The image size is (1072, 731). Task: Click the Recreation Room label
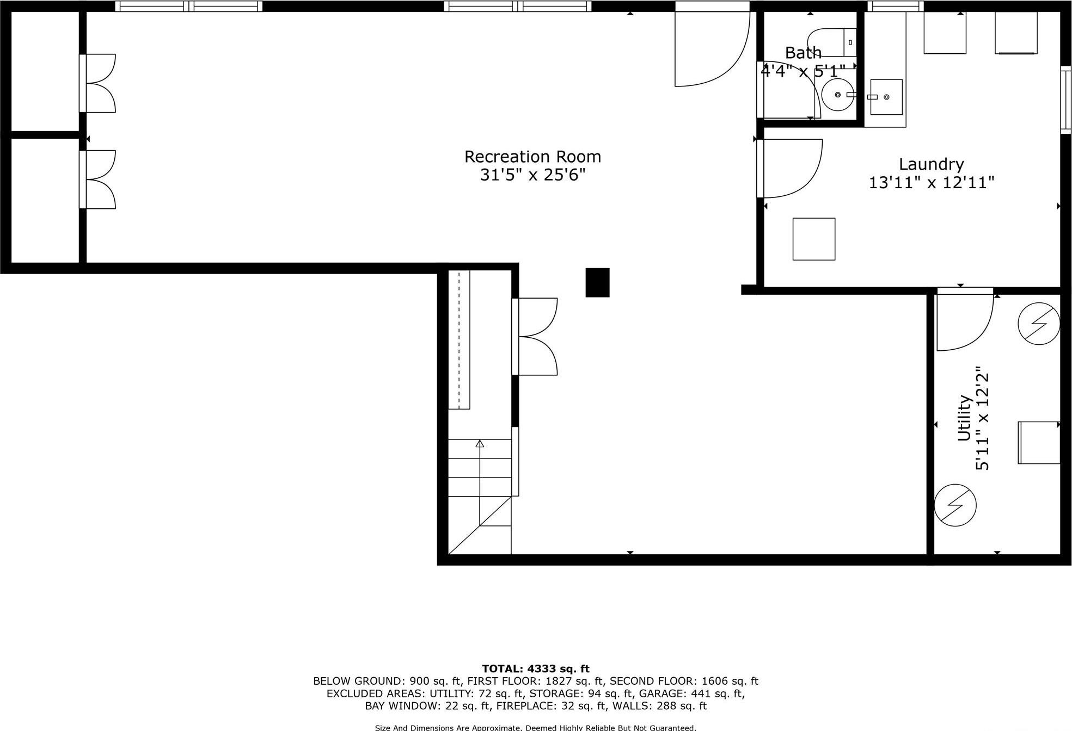[532, 157]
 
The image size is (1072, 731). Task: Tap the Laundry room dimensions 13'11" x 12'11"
[931, 182]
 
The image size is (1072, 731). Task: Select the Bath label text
[803, 53]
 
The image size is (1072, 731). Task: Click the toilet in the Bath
[832, 42]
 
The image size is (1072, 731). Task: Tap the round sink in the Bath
[837, 95]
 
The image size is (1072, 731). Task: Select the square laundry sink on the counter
[886, 97]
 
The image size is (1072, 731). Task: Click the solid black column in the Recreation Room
[597, 282]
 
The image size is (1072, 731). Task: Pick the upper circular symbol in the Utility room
[1039, 324]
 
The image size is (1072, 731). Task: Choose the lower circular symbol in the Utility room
[955, 505]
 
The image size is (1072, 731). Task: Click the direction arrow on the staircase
[480, 444]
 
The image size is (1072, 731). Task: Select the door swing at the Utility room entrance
[964, 321]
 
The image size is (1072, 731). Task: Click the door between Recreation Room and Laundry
[789, 168]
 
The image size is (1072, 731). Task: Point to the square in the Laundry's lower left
[813, 239]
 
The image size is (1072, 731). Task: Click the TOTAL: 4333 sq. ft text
[535, 668]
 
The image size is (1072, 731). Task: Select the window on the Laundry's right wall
[1065, 100]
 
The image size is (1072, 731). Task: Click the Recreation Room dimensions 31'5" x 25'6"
[532, 175]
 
